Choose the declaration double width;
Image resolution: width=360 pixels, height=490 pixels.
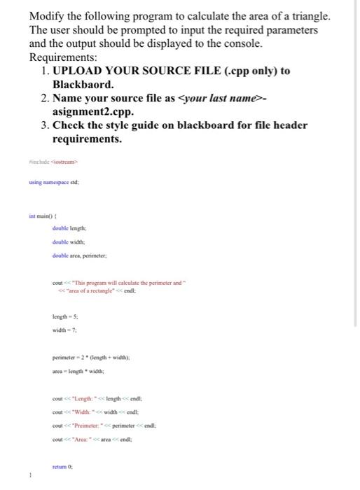pyautogui.click(x=67, y=241)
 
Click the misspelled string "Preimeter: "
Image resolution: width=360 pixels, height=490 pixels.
pyautogui.click(x=90, y=424)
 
